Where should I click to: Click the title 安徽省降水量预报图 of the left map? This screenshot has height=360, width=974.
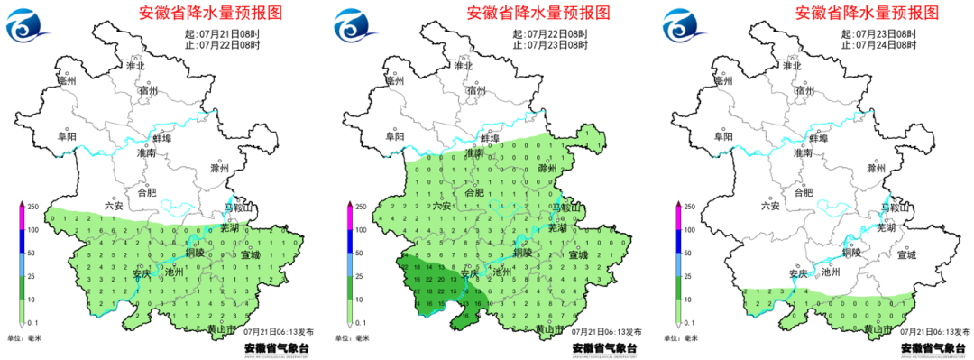210,13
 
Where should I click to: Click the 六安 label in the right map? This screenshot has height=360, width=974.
769,206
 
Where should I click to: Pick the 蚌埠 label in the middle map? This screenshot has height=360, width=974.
490,138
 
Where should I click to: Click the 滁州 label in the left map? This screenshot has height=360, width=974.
219,169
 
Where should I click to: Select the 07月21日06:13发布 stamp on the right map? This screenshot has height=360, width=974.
933,332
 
